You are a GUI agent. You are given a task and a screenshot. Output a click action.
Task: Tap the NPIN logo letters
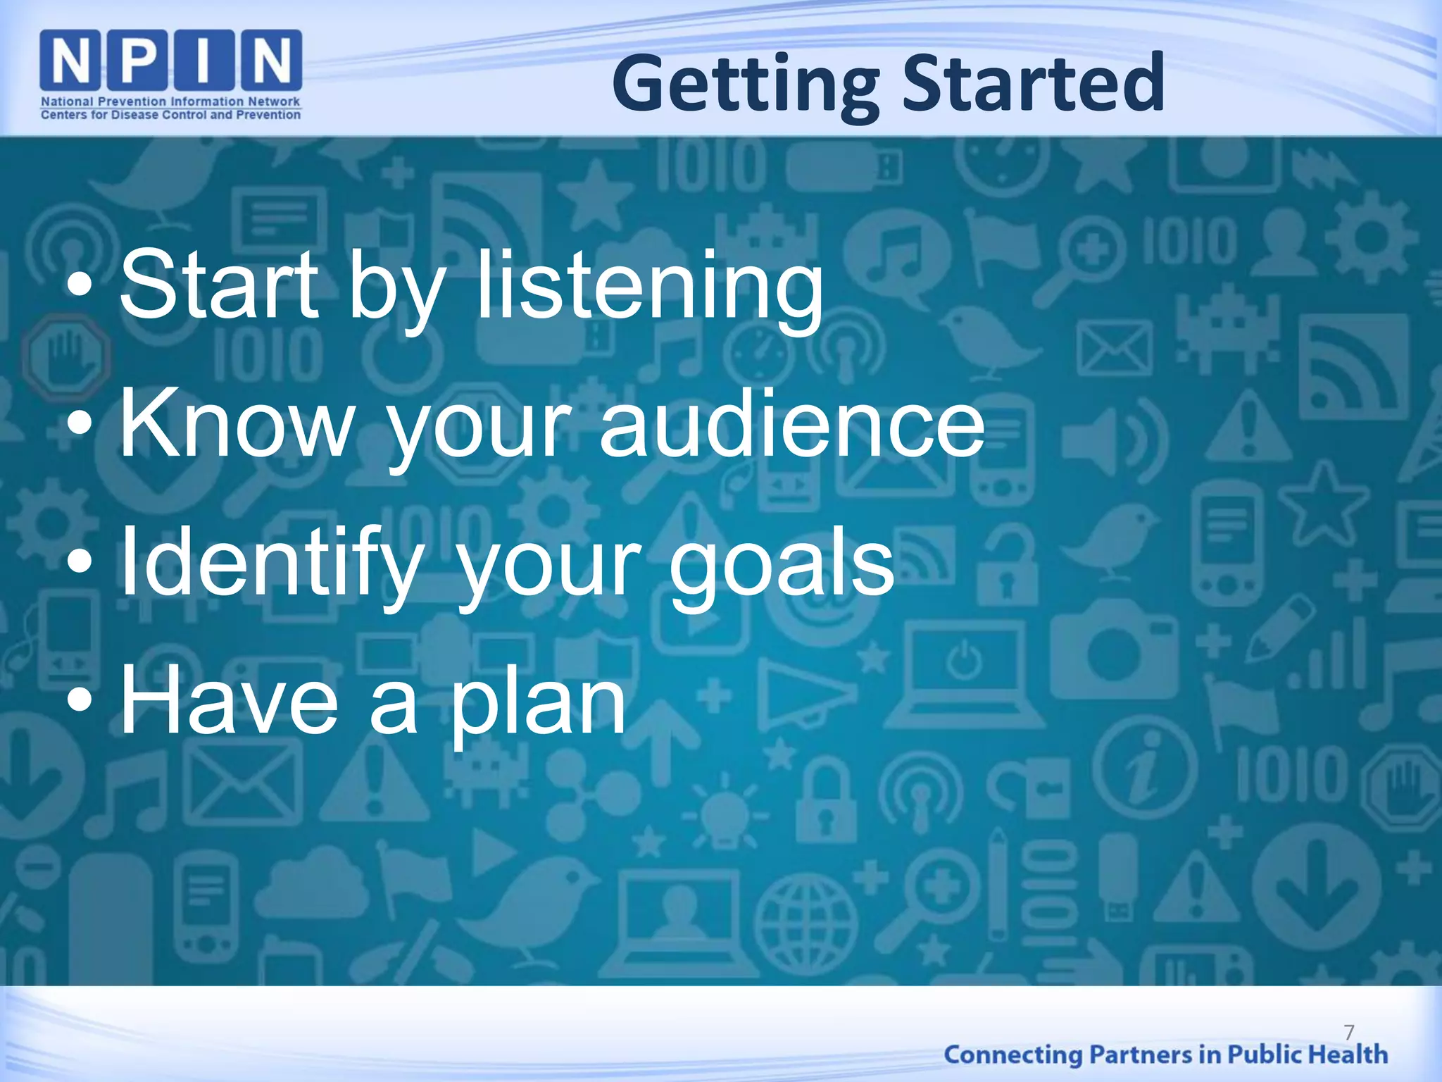(x=171, y=60)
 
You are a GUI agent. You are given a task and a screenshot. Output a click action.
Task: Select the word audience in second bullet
(x=791, y=425)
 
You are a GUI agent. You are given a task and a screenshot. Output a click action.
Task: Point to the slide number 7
(x=1348, y=1033)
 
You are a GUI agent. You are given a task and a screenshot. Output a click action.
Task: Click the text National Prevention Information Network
(x=170, y=101)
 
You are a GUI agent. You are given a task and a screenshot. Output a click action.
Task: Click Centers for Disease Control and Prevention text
(x=170, y=115)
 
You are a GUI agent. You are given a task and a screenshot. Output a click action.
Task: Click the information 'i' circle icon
(x=1147, y=768)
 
